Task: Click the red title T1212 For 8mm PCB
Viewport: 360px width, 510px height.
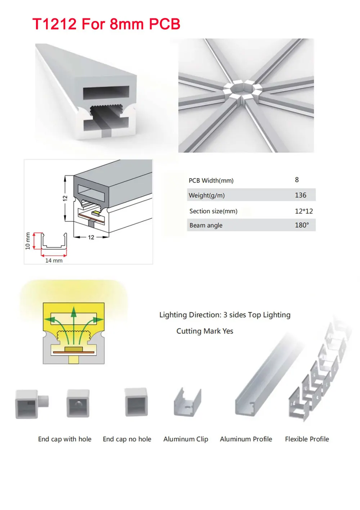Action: point(106,24)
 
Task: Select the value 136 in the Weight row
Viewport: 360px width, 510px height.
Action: point(300,195)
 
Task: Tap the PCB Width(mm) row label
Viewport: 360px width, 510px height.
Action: point(211,180)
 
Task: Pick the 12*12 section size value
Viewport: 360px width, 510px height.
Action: point(303,211)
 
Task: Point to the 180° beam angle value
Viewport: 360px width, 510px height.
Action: point(302,225)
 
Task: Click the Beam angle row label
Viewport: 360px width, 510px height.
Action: point(206,225)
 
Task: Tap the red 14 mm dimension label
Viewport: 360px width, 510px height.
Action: point(54,260)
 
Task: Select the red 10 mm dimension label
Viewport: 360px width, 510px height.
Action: point(28,240)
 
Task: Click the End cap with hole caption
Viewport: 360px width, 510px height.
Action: point(65,439)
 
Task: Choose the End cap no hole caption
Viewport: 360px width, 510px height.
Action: point(127,439)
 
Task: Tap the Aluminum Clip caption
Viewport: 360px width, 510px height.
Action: point(186,439)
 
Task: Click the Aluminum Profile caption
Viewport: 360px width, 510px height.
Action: point(246,439)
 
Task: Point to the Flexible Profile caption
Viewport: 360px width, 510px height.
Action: point(307,439)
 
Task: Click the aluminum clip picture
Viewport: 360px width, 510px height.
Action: point(187,403)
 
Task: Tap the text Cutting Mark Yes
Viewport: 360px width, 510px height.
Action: point(204,331)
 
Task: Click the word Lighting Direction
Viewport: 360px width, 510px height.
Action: point(190,315)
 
